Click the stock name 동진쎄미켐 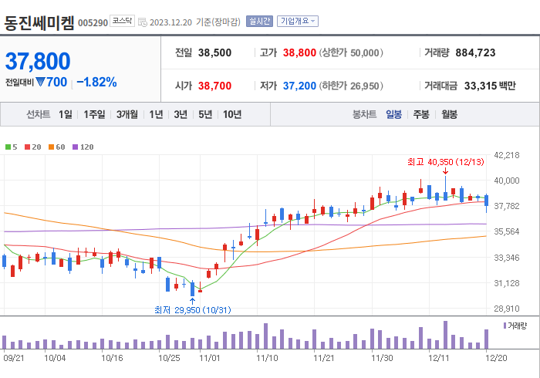pyautogui.click(x=39, y=22)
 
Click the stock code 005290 pyautogui.click(x=93, y=22)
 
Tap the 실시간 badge pyautogui.click(x=259, y=22)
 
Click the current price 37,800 pyautogui.click(x=38, y=61)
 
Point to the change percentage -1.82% pyautogui.click(x=96, y=82)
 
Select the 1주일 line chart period pyautogui.click(x=94, y=114)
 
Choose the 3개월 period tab pyautogui.click(x=127, y=114)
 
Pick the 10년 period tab pyautogui.click(x=231, y=114)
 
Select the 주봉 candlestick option pyautogui.click(x=420, y=114)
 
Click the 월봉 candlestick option pyautogui.click(x=449, y=114)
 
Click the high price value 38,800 pyautogui.click(x=299, y=52)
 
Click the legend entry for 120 pyautogui.click(x=83, y=147)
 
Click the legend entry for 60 pyautogui.click(x=59, y=147)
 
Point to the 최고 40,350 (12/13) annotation pyautogui.click(x=445, y=162)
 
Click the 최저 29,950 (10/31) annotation pyautogui.click(x=192, y=309)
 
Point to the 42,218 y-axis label pyautogui.click(x=506, y=155)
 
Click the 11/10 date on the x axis pyautogui.click(x=267, y=358)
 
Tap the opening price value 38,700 pyautogui.click(x=214, y=85)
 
